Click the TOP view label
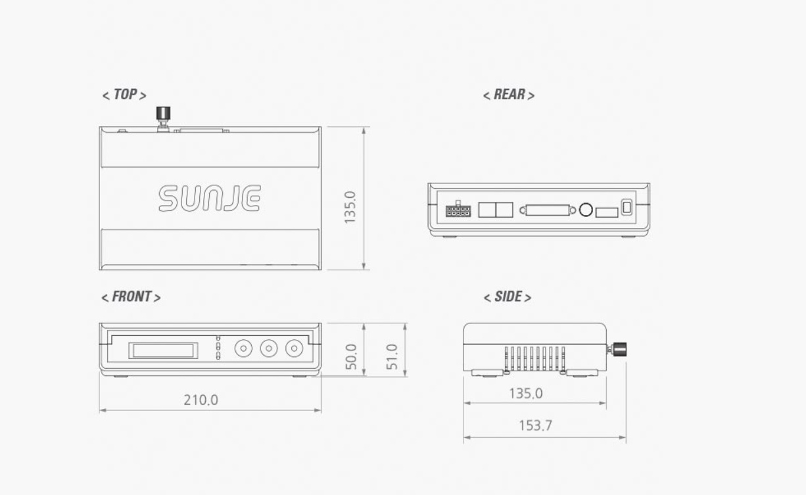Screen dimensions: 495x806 (x=124, y=95)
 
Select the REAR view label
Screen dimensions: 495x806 (x=508, y=95)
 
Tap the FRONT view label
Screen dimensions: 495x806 (x=131, y=297)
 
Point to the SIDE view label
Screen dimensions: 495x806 (x=507, y=297)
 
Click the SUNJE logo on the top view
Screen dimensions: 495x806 (x=210, y=199)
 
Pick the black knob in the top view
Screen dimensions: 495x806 (x=162, y=114)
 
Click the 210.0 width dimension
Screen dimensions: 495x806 (x=201, y=400)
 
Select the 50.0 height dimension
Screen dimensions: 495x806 (x=351, y=356)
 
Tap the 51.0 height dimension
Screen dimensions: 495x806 (x=392, y=356)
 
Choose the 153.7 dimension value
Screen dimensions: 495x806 (x=535, y=426)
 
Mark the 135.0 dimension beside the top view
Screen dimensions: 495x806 (x=350, y=207)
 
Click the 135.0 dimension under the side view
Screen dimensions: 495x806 (x=526, y=394)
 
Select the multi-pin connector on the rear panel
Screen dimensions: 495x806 (x=458, y=210)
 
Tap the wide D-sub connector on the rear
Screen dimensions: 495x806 (x=548, y=210)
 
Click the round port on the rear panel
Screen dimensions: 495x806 (x=585, y=210)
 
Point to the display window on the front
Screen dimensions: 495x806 (x=163, y=350)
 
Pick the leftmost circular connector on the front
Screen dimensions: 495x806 (x=243, y=348)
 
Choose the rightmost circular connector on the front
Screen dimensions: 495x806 (x=294, y=348)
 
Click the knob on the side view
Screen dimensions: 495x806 (x=619, y=349)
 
